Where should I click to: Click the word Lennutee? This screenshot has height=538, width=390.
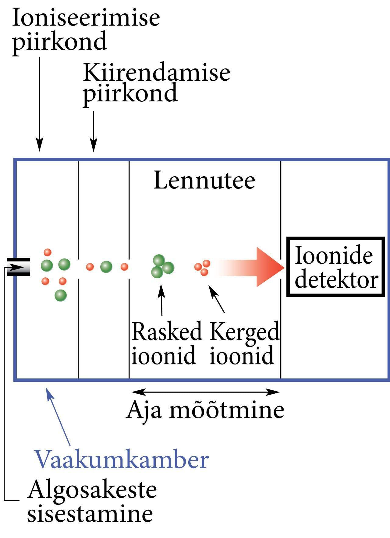tap(204, 181)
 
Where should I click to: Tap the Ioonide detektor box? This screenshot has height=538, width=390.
tap(336, 267)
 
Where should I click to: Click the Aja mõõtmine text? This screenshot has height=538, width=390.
tap(205, 410)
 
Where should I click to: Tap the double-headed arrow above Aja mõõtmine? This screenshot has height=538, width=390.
tap(205, 392)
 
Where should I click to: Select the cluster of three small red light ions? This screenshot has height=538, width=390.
tap(203, 268)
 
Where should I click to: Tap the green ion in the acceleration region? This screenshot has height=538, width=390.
tap(106, 267)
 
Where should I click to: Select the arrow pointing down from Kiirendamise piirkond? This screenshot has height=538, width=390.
tap(94, 131)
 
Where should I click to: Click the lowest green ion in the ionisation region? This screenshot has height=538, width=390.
tap(61, 295)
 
